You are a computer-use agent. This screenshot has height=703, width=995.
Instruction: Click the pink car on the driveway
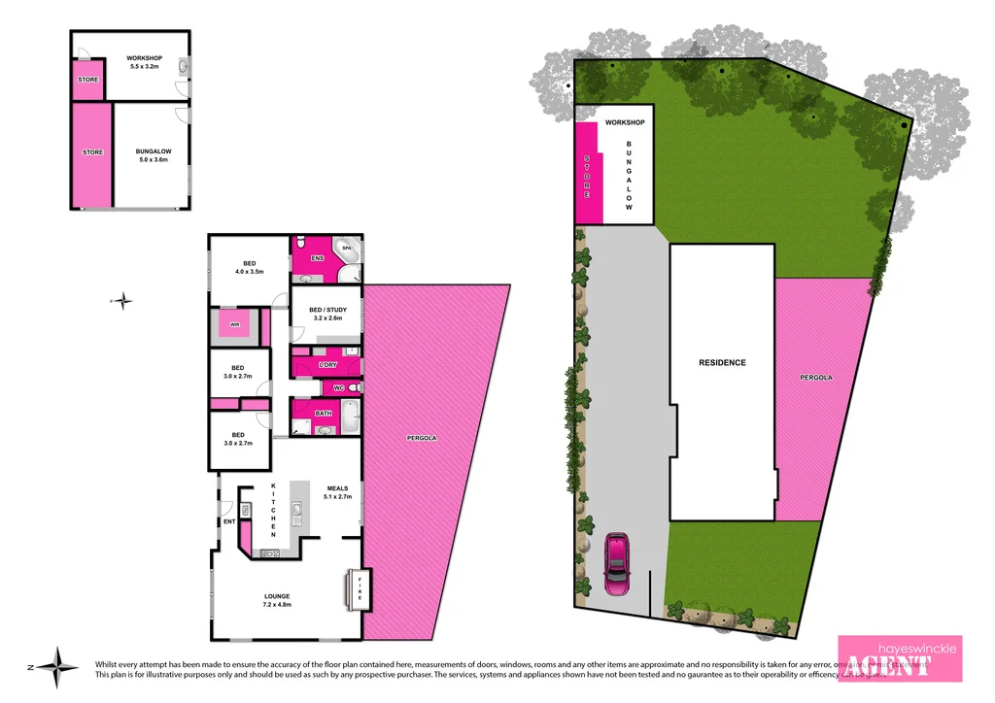click(x=616, y=563)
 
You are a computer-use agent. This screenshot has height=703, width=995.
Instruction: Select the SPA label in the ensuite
click(x=345, y=249)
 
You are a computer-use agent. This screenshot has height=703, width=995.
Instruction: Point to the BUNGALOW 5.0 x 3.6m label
click(x=153, y=155)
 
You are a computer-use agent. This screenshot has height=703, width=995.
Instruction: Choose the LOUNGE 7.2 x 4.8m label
click(x=277, y=600)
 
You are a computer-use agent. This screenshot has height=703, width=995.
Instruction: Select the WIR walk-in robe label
click(x=234, y=323)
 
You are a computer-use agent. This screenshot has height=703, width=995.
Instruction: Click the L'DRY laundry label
click(x=326, y=364)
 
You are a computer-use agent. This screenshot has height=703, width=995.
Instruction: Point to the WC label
click(x=338, y=388)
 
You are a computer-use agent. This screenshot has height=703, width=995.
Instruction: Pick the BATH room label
click(x=323, y=414)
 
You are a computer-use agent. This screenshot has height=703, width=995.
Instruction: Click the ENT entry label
click(x=229, y=521)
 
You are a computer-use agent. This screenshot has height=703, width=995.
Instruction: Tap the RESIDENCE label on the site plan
click(x=722, y=362)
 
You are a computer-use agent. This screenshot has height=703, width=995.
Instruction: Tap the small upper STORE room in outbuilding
click(x=88, y=80)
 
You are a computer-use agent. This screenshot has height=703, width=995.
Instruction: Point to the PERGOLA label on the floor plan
click(x=422, y=438)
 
